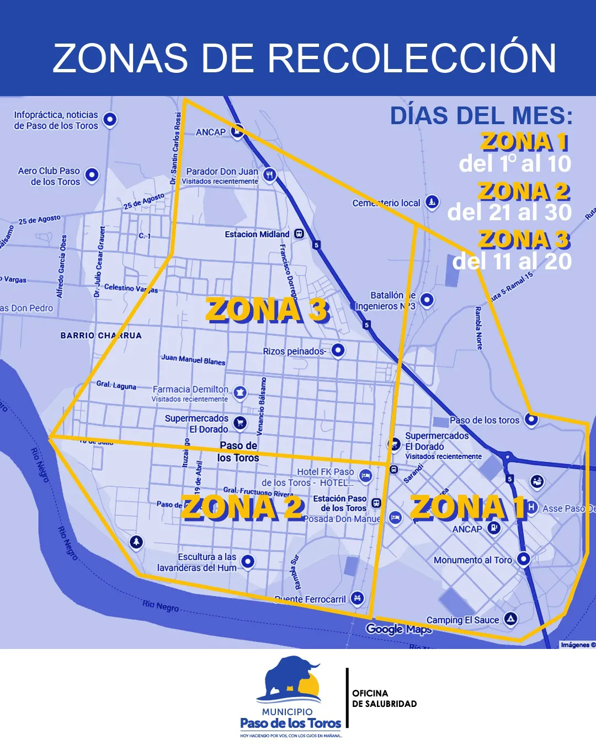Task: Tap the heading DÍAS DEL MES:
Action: tap(481, 116)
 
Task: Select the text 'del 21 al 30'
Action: tap(509, 212)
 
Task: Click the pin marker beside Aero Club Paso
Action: tap(92, 175)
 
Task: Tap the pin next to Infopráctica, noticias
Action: tap(110, 119)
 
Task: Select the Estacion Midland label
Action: tap(257, 235)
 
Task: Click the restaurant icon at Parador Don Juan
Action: tap(269, 174)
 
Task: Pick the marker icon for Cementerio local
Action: tap(432, 202)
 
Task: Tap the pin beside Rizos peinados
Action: tap(338, 349)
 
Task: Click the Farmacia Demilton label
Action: tap(190, 390)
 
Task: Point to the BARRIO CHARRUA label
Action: tap(101, 336)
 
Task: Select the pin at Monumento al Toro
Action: tap(523, 559)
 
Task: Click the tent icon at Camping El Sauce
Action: tap(511, 619)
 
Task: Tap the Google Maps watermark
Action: tap(398, 629)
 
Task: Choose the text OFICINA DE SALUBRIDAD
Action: tap(385, 699)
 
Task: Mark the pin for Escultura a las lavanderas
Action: tap(248, 561)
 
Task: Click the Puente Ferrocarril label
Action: tap(310, 599)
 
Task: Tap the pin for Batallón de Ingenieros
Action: tap(427, 300)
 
